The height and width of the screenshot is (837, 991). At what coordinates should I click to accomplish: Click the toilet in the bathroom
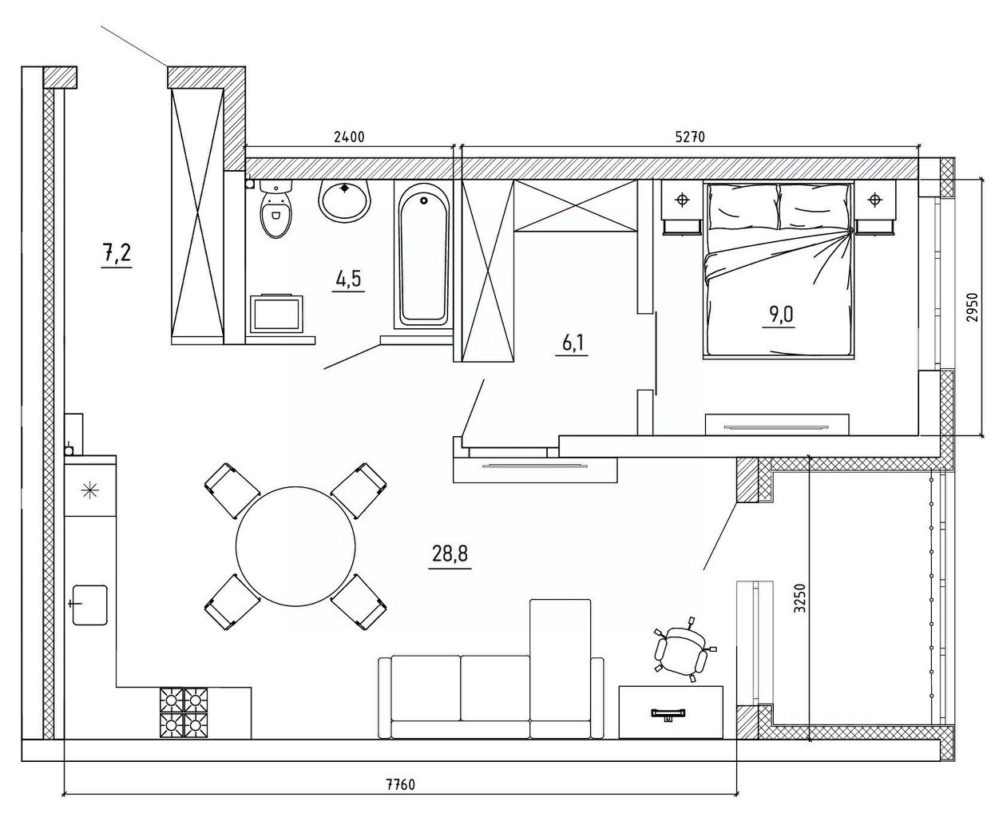(x=275, y=208)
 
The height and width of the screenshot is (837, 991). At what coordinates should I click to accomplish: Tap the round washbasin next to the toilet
(x=344, y=200)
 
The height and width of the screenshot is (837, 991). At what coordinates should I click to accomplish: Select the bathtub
(x=423, y=256)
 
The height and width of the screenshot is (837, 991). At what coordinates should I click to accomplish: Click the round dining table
(x=295, y=546)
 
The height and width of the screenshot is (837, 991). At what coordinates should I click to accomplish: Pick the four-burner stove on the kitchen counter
(x=184, y=712)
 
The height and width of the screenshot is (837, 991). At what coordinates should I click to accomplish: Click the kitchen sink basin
(x=89, y=605)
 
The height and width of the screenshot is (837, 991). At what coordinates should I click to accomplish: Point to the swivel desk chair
(x=683, y=649)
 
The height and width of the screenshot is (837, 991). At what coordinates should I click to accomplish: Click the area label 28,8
(x=450, y=553)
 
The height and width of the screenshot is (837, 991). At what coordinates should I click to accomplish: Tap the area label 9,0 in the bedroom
(x=779, y=315)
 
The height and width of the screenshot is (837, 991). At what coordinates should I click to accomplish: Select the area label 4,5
(x=348, y=279)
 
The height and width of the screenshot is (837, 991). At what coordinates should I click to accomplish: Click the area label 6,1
(x=572, y=343)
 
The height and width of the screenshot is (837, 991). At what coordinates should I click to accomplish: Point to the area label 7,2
(x=117, y=254)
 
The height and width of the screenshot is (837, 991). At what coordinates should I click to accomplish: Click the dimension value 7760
(x=399, y=798)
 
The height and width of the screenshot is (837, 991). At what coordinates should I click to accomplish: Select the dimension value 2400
(x=349, y=137)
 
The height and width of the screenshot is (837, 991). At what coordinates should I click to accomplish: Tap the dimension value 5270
(x=690, y=137)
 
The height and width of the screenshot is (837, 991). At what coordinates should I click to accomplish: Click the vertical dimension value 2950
(x=973, y=308)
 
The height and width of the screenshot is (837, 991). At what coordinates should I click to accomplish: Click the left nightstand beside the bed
(x=681, y=207)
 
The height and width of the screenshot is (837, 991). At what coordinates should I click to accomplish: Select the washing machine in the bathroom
(x=277, y=313)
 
